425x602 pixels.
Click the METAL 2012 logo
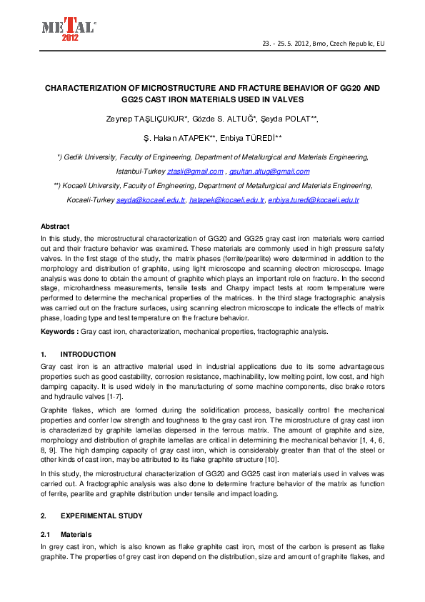click(x=67, y=29)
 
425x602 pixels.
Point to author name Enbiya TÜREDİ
click(x=262, y=137)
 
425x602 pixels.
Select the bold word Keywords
click(x=58, y=332)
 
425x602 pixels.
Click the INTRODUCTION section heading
click(x=88, y=355)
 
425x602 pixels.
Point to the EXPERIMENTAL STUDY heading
click(x=101, y=515)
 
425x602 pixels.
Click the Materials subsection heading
click(x=76, y=534)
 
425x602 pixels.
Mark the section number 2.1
click(x=46, y=534)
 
